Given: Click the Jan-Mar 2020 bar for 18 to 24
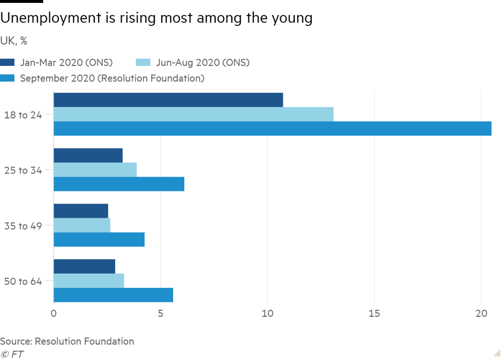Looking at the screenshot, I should click(x=168, y=100).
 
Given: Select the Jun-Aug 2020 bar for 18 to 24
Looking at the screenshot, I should click(x=194, y=114).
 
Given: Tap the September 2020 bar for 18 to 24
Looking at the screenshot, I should click(x=273, y=129).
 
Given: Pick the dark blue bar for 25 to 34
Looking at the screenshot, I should click(x=88, y=155).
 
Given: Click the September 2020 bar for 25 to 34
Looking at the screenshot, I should click(x=119, y=184).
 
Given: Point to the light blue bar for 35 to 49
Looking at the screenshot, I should click(x=82, y=225).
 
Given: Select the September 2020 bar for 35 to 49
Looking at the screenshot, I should click(x=99, y=240).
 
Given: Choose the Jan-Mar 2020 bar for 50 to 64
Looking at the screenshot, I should click(x=84, y=266).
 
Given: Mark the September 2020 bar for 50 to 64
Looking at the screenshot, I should click(x=113, y=295).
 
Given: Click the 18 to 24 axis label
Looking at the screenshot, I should click(x=23, y=115).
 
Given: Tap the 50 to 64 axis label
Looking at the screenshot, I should click(x=23, y=282).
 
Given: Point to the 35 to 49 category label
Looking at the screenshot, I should click(x=23, y=226).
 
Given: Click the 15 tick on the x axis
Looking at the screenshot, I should click(x=374, y=314).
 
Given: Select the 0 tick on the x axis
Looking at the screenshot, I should click(x=54, y=314).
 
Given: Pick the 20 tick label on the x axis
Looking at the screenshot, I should click(x=481, y=314).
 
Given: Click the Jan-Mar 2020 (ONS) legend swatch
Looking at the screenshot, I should click(x=7, y=63).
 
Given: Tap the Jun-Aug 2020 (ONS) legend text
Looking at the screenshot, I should click(x=203, y=63).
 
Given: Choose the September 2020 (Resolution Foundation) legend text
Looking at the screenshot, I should click(x=112, y=78).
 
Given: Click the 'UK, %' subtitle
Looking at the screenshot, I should click(x=14, y=41).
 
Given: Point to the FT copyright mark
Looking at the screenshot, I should click(x=12, y=354).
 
